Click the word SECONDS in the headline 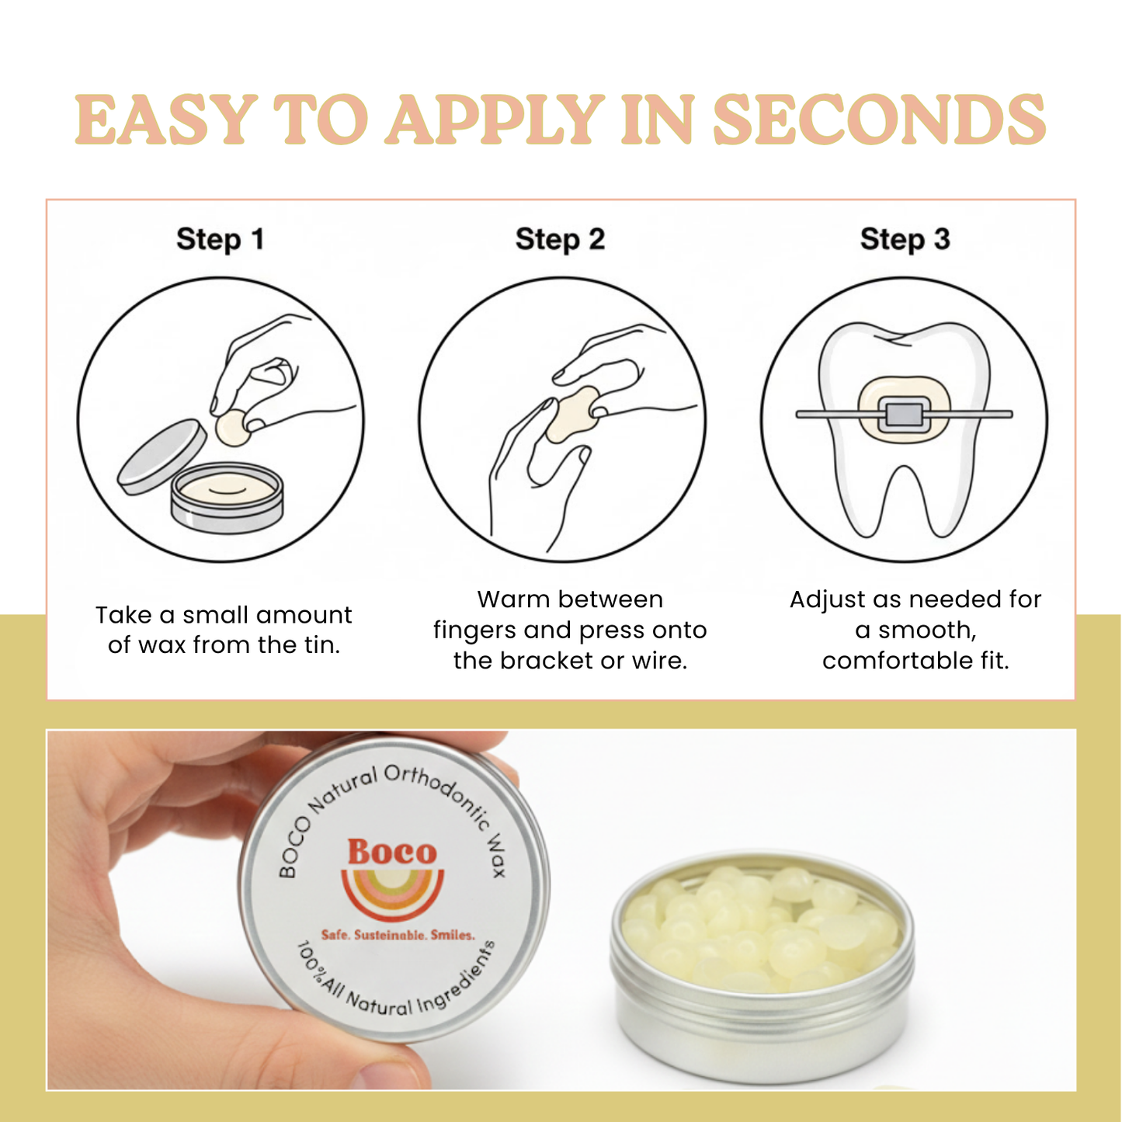tap(879, 120)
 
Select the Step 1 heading tap(221, 239)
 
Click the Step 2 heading tap(560, 239)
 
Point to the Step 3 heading tap(905, 239)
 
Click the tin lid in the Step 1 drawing tap(162, 457)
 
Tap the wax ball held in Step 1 tap(233, 428)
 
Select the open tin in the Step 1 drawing tap(227, 497)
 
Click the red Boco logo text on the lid tap(392, 852)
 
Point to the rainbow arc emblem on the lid tap(393, 893)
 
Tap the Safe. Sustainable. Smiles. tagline tap(398, 935)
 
